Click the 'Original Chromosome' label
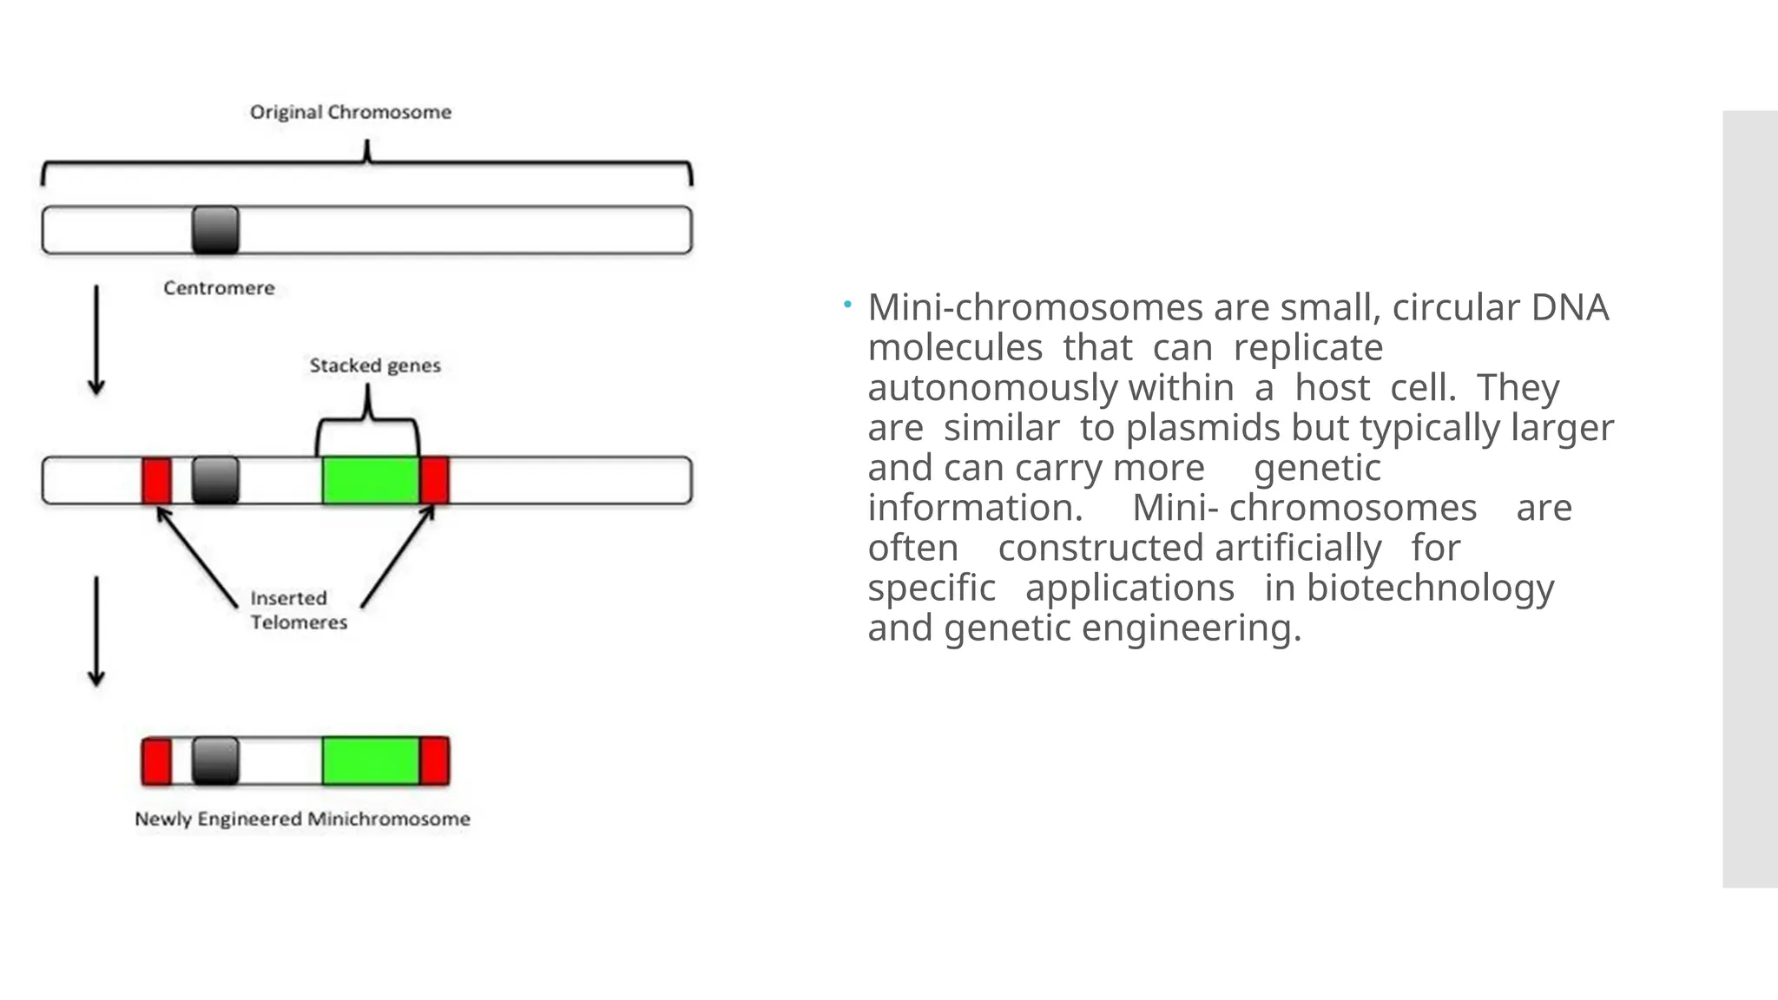tap(351, 112)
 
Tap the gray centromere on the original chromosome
tap(215, 230)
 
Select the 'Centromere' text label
tap(219, 288)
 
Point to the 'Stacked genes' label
tap(375, 365)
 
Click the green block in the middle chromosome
tap(371, 480)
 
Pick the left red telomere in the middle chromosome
tap(157, 480)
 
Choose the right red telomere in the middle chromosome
tap(435, 480)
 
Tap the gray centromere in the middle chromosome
tap(215, 480)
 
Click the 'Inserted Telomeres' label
tap(298, 610)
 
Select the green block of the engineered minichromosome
tap(371, 761)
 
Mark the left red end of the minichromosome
tap(157, 761)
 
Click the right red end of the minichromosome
tap(435, 761)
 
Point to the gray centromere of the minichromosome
tap(215, 761)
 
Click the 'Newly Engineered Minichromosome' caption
tap(302, 819)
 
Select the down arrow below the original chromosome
tap(96, 340)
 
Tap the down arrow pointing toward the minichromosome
tap(96, 631)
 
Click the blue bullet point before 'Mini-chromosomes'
tap(847, 304)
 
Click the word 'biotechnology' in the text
tap(1430, 589)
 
